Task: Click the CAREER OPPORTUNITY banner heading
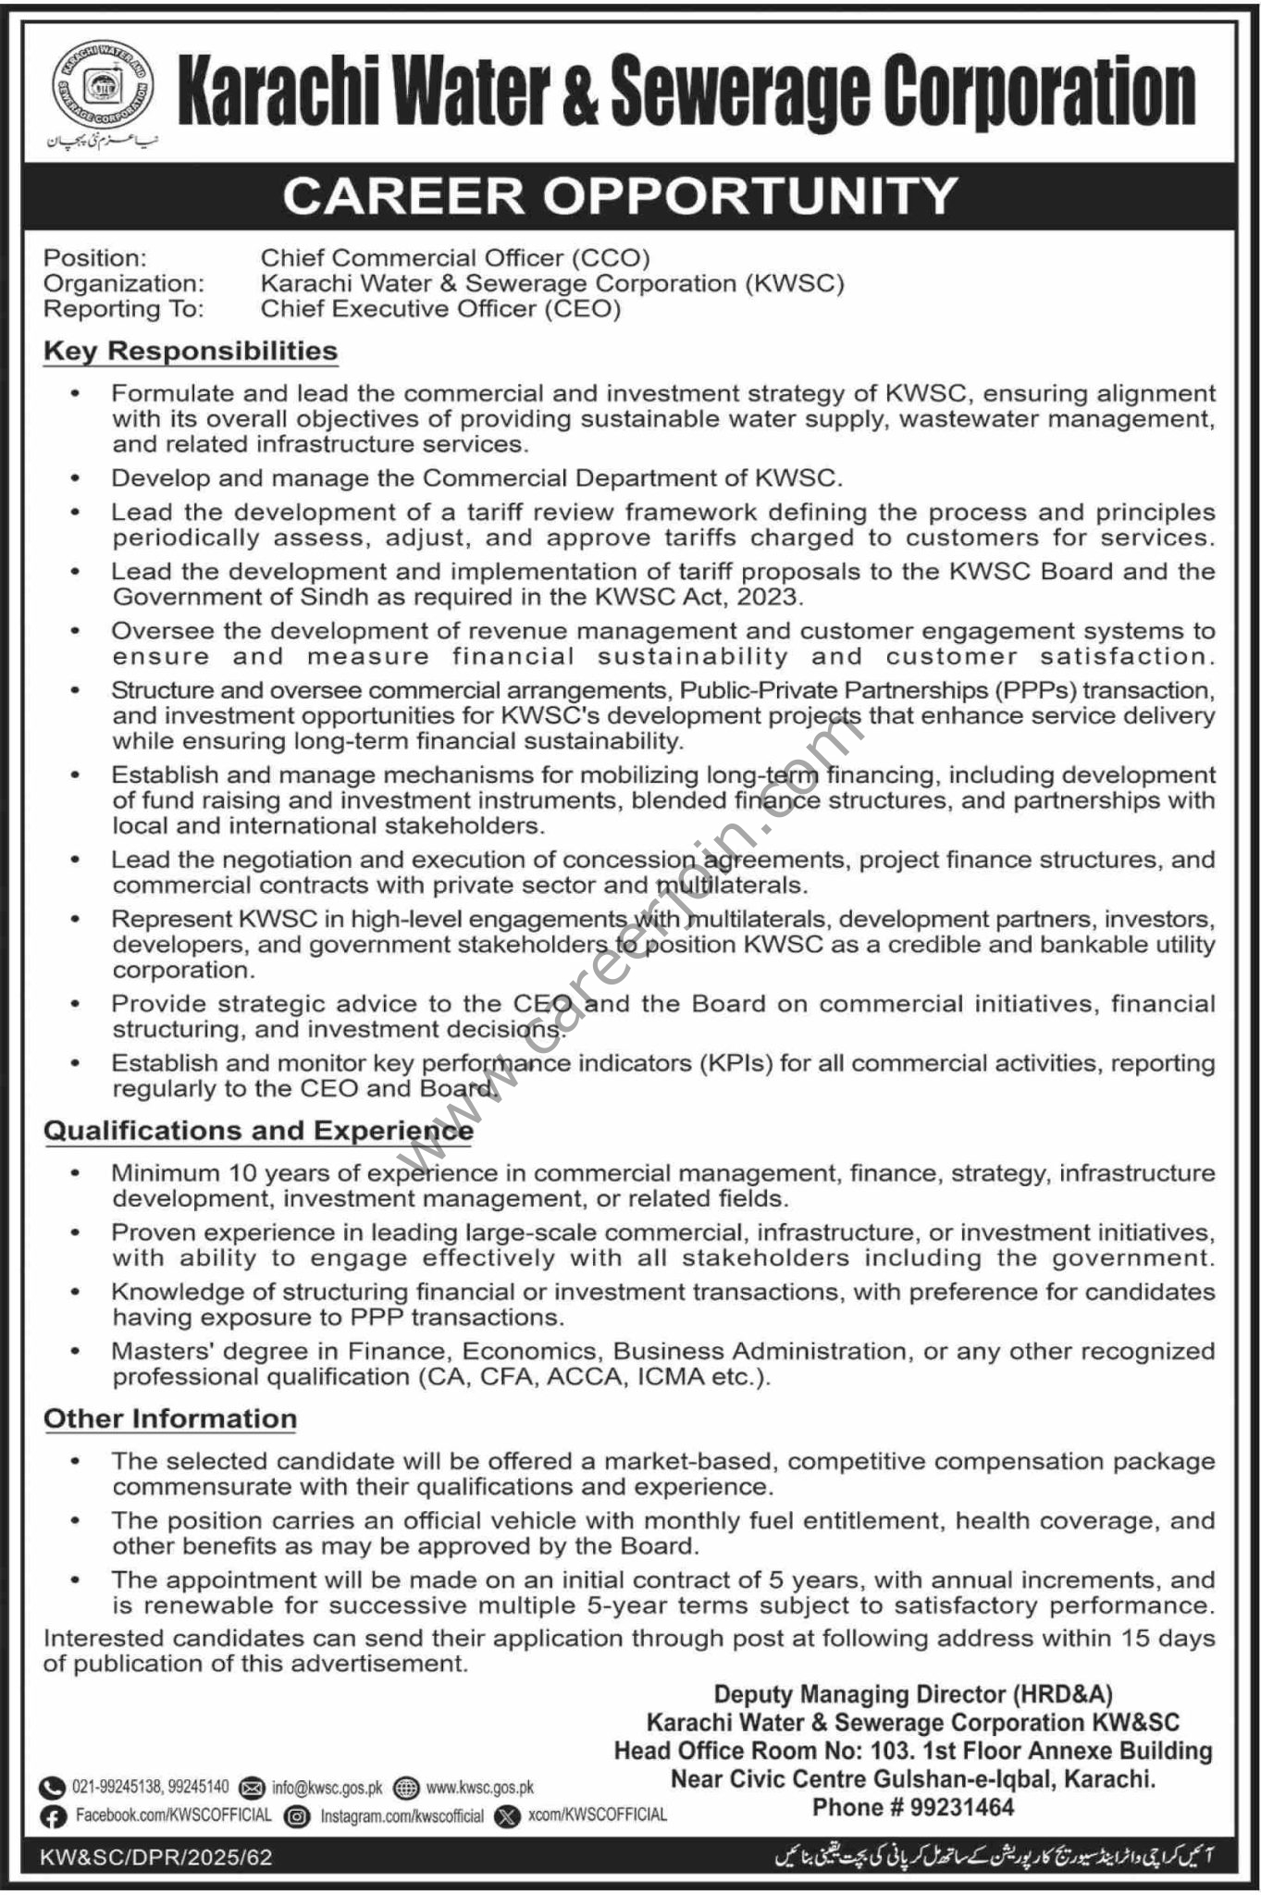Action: click(620, 195)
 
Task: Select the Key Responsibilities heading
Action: click(191, 351)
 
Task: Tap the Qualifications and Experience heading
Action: click(258, 1130)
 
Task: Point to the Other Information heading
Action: click(170, 1418)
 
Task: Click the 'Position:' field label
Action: click(95, 257)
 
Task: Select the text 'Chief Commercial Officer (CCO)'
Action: click(455, 257)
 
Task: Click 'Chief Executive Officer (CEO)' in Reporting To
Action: click(440, 308)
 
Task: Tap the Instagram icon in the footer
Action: click(297, 1815)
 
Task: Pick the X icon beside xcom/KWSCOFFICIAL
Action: click(508, 1815)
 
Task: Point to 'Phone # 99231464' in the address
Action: click(912, 1806)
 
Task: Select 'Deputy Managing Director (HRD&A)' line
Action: click(912, 1694)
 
